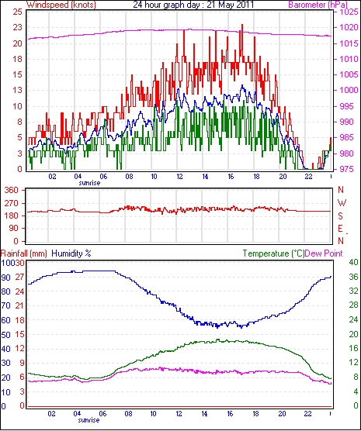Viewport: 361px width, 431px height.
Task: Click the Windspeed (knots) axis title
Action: (61, 5)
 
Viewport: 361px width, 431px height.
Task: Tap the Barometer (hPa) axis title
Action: (318, 5)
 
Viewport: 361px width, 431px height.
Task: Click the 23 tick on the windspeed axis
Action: (18, 27)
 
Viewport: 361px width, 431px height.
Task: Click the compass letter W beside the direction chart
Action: (342, 203)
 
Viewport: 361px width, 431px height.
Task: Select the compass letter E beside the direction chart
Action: (341, 229)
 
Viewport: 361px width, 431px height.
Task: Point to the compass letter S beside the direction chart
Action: (341, 216)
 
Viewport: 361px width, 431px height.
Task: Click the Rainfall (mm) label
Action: (24, 253)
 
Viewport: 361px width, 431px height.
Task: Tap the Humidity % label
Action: (71, 253)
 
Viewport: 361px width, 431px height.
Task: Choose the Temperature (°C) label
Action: (273, 253)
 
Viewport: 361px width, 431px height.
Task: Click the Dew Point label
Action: (324, 253)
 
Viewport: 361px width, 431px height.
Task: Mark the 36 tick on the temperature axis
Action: (354, 277)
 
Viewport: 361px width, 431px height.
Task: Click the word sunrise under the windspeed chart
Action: (89, 183)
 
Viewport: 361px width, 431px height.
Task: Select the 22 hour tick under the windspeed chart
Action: (308, 176)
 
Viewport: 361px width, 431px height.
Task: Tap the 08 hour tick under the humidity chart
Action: (128, 413)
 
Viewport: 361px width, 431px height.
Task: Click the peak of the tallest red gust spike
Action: (242, 25)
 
